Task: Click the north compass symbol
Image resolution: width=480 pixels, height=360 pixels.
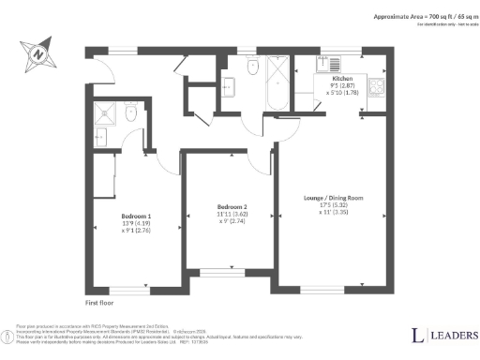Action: pos(38,53)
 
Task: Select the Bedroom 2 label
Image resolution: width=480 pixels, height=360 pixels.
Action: pos(232,207)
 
